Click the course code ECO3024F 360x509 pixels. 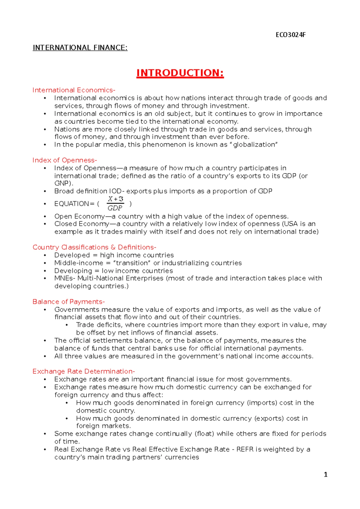(x=290, y=35)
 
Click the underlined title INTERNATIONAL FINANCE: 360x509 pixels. (x=80, y=48)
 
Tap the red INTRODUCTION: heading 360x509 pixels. (x=180, y=73)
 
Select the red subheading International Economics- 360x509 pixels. (x=74, y=90)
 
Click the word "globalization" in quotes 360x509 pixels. (x=255, y=144)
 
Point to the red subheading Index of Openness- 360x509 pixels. (x=64, y=160)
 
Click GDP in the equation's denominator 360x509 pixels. (x=115, y=208)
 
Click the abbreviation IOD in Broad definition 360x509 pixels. (x=115, y=191)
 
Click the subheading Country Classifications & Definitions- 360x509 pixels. (x=94, y=247)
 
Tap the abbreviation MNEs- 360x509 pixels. (x=65, y=278)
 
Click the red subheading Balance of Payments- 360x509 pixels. (x=68, y=302)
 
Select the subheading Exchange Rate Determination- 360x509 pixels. (x=83, y=371)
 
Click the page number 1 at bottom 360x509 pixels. (x=325, y=475)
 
